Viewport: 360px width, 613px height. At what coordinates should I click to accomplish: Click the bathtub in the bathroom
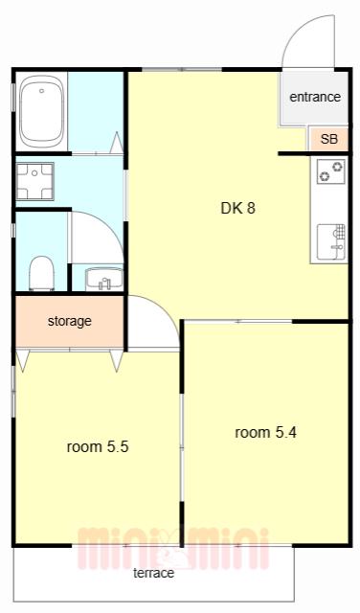(42, 111)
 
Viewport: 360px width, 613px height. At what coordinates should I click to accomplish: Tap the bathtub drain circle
(42, 91)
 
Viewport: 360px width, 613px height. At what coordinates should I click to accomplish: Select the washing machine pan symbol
(34, 181)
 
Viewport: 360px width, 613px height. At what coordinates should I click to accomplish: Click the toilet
(41, 273)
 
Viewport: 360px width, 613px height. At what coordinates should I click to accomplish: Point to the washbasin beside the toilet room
(104, 279)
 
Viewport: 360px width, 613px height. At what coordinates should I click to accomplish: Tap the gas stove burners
(330, 171)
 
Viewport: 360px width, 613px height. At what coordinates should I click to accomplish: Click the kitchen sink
(331, 241)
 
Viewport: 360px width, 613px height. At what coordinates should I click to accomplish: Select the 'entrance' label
(315, 97)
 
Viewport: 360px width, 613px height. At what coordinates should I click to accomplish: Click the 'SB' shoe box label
(328, 139)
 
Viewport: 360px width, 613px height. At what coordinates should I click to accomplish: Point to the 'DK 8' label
(237, 208)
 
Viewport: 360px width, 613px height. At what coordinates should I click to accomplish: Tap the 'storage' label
(70, 321)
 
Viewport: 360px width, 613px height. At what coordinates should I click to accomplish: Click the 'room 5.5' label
(98, 446)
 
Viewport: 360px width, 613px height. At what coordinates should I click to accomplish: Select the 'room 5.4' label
(266, 432)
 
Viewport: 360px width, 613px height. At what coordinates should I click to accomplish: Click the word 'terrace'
(153, 573)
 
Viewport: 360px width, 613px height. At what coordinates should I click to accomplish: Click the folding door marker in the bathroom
(117, 143)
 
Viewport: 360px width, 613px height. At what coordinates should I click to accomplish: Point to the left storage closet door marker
(23, 360)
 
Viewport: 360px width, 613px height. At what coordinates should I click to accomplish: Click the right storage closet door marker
(117, 360)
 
